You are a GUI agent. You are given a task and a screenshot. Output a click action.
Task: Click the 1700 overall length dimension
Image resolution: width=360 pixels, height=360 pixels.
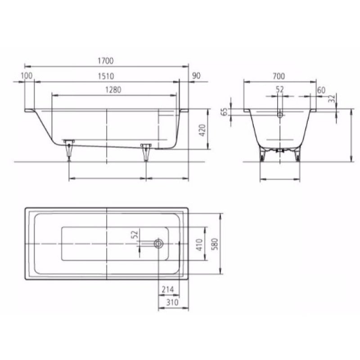tap(106, 61)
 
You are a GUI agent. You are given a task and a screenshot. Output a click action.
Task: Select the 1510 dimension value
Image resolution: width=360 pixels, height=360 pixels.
tap(106, 76)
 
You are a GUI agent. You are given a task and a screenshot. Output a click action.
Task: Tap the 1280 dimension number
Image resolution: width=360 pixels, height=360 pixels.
tap(113, 90)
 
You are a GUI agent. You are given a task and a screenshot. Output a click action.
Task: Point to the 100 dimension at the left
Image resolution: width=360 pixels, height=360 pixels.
tap(27, 76)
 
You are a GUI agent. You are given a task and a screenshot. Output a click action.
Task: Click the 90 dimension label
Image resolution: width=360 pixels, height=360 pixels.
tap(196, 76)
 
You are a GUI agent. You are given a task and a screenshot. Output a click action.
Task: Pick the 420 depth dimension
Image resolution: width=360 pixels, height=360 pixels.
tap(202, 130)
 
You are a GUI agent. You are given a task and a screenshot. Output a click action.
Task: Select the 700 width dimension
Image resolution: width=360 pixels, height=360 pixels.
tap(279, 76)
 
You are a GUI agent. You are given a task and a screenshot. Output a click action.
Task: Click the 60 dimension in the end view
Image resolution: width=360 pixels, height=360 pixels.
tap(321, 90)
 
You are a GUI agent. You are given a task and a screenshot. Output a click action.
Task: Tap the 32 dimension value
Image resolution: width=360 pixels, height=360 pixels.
tap(332, 99)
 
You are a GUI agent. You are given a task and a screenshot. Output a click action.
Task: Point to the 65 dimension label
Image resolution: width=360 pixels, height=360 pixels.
tap(225, 112)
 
